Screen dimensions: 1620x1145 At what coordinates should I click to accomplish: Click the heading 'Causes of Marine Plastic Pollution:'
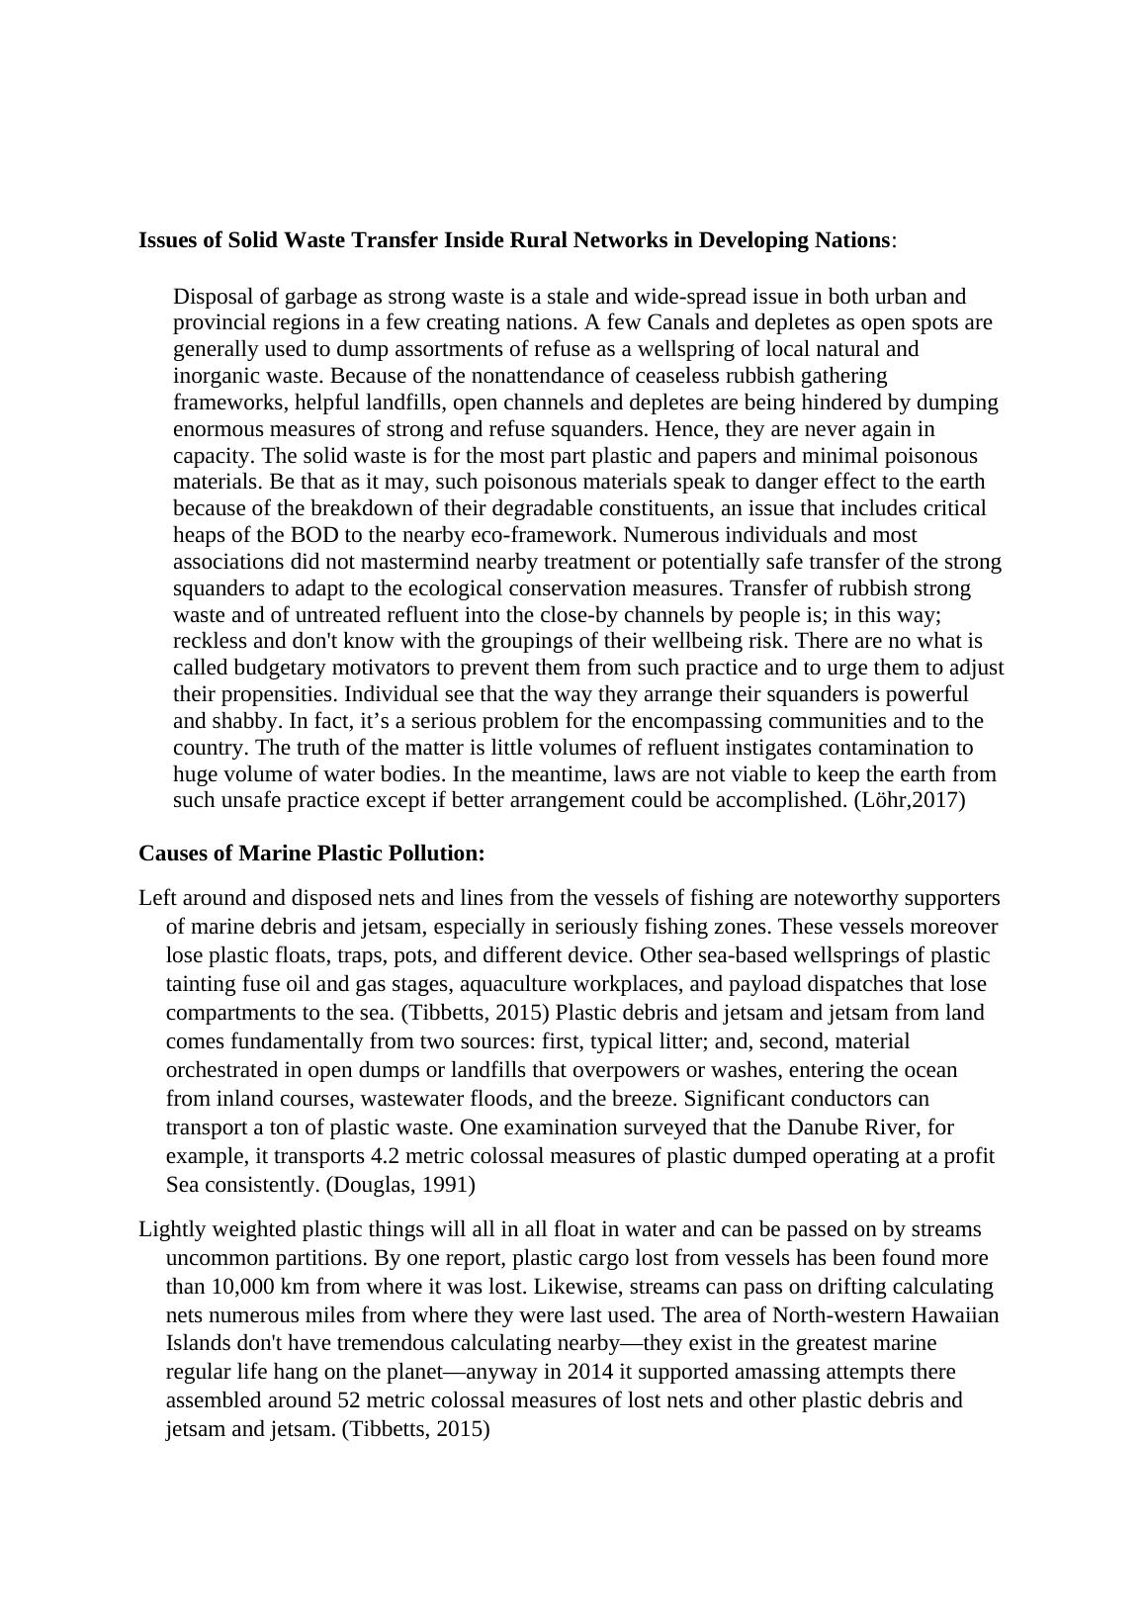(x=311, y=853)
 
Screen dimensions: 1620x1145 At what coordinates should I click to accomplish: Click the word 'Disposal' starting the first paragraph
(x=211, y=297)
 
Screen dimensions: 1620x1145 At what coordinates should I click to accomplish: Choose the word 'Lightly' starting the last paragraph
(x=169, y=1229)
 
